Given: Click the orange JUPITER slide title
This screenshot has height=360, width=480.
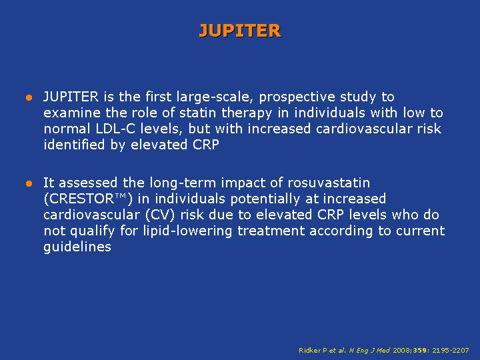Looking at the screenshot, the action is pos(240,31).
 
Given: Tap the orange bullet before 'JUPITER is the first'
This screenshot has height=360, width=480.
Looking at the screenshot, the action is pos(29,97).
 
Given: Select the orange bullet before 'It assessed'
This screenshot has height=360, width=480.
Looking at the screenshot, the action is pos(29,184).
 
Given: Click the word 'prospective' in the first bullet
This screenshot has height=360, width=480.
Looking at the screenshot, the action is pos(293,97).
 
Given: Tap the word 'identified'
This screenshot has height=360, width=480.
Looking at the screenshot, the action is pos(75,145).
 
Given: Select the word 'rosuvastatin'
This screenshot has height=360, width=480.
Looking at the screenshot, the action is pos(329,183).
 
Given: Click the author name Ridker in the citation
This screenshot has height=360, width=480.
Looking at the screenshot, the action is pos(310,350).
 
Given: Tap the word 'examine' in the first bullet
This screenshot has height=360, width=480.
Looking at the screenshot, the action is pos(72,113).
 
